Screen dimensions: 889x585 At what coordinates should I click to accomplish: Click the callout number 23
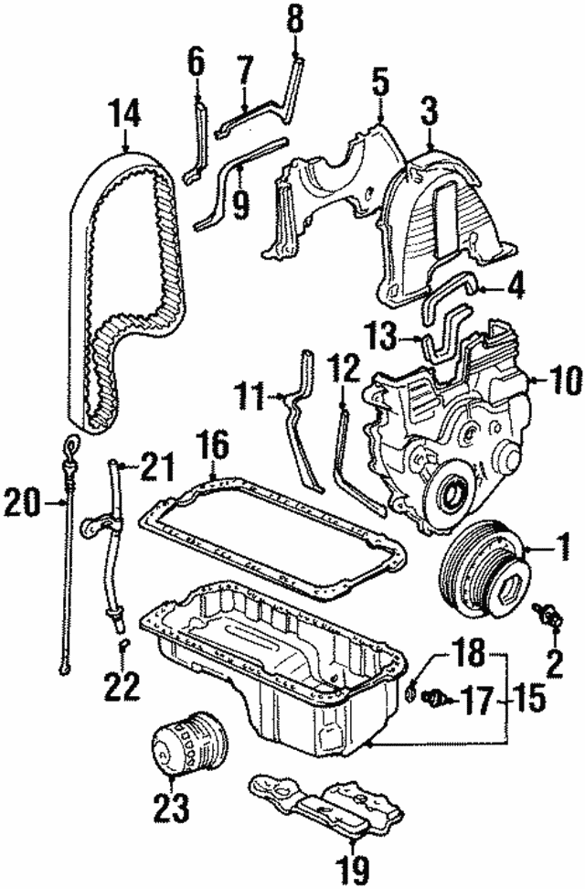[x=171, y=807]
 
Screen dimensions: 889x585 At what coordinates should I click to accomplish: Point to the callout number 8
[x=294, y=19]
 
